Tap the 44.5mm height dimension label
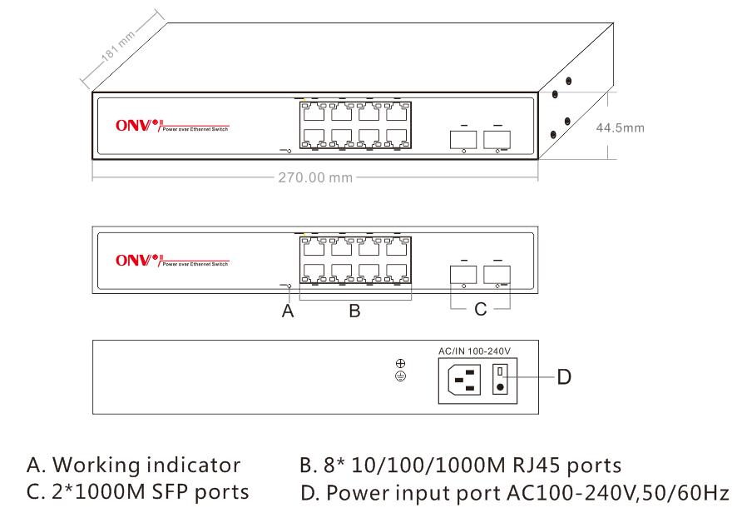click(x=620, y=128)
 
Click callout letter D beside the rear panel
click(x=563, y=377)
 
